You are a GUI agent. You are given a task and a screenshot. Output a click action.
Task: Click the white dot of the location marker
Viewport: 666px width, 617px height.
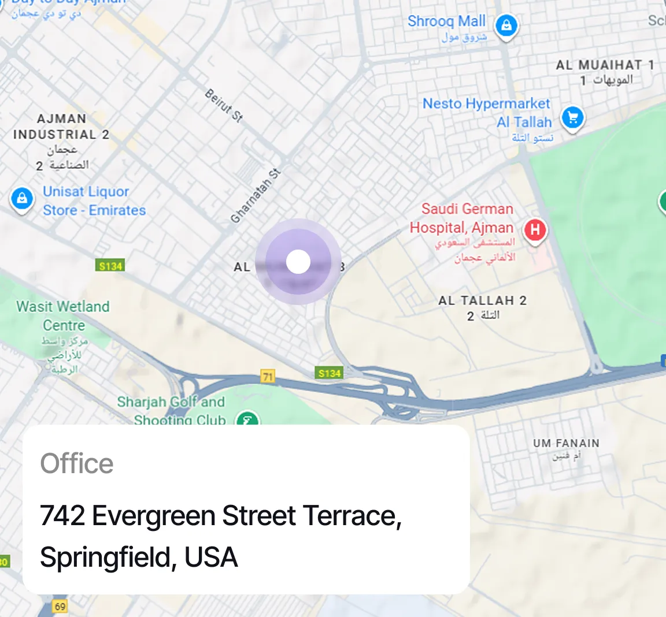298,262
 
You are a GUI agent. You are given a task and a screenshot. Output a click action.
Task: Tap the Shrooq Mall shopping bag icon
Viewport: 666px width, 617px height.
506,25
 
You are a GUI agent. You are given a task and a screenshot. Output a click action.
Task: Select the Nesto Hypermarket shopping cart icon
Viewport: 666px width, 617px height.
572,118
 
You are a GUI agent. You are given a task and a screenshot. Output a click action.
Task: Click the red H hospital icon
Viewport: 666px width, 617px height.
535,230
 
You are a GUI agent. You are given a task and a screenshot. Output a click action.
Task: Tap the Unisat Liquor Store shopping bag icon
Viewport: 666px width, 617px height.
22,199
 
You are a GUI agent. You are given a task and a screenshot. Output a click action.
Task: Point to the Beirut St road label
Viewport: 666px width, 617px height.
224,105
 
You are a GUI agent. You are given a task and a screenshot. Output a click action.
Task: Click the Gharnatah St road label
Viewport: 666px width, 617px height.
256,195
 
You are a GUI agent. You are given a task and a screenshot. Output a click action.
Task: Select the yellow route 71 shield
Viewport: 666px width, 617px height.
268,377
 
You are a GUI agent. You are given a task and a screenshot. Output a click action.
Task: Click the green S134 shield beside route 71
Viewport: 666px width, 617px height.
330,373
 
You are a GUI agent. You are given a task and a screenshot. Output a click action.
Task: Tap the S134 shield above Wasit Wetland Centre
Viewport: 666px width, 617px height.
110,266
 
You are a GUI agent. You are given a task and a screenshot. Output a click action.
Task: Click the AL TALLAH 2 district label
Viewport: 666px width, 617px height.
482,300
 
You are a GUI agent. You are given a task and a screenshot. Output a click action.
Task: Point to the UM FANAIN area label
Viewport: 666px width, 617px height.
566,443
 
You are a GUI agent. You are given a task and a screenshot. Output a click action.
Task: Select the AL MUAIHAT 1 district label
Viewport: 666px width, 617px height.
605,65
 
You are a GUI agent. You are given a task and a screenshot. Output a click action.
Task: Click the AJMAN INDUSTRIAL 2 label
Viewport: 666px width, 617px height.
61,127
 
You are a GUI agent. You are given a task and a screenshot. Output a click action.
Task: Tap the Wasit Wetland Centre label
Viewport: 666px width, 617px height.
63,315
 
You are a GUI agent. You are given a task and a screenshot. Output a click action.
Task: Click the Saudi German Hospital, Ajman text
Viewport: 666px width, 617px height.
462,218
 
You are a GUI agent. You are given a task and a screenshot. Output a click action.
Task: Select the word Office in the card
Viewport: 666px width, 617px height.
77,463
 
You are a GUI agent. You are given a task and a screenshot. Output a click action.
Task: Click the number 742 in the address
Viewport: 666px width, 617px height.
62,515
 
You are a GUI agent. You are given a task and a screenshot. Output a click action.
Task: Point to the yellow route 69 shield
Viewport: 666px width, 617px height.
60,607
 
